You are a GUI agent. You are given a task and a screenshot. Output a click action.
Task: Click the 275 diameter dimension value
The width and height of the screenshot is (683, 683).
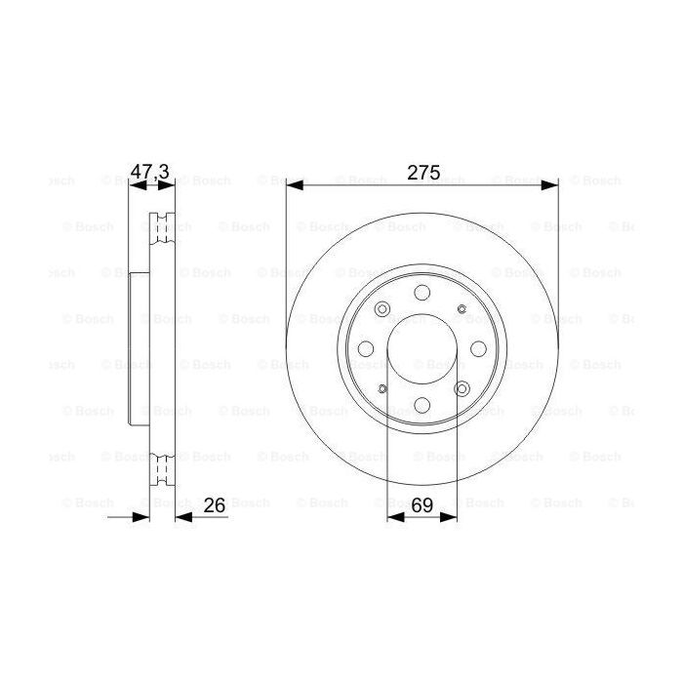[422, 172]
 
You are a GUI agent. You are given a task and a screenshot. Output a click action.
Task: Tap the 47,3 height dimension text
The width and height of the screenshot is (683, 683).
[150, 172]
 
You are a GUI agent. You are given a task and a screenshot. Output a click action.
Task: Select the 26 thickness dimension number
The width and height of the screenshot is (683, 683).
[216, 504]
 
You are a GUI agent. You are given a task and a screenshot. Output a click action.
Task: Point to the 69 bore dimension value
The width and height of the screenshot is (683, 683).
[422, 504]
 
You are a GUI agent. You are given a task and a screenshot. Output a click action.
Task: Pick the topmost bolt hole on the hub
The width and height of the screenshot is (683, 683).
[422, 293]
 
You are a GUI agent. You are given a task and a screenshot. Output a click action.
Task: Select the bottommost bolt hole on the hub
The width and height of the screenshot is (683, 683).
[422, 405]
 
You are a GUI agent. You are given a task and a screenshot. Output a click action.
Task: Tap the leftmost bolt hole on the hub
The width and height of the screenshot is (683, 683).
[365, 349]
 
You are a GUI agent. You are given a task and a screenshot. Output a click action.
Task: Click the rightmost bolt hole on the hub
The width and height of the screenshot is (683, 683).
[478, 349]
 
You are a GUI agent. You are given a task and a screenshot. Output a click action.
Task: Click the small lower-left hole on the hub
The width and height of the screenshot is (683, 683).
[382, 389]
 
